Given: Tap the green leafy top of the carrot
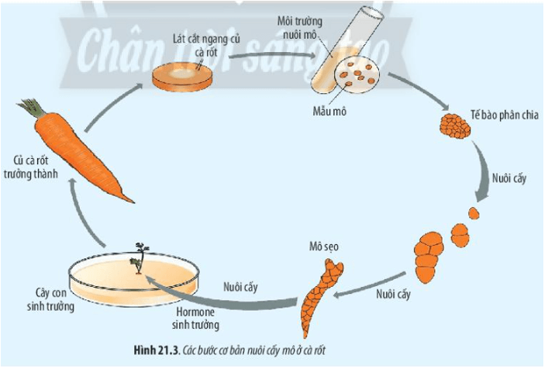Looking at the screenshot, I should tap(33, 108).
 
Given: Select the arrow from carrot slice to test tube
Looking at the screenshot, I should tap(264, 58).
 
